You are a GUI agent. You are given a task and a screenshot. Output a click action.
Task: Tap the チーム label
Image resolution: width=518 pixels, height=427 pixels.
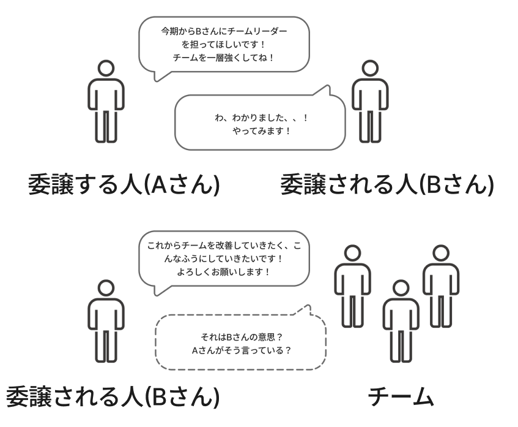click(x=401, y=398)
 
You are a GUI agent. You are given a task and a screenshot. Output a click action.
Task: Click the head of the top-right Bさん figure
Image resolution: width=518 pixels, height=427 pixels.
click(x=369, y=67)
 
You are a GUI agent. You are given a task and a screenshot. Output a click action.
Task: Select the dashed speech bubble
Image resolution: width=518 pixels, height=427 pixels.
click(x=240, y=340)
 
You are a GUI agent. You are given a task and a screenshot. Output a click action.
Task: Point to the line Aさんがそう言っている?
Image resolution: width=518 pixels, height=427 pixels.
click(x=240, y=350)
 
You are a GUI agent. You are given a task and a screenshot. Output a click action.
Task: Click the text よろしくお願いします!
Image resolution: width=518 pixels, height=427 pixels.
click(x=224, y=271)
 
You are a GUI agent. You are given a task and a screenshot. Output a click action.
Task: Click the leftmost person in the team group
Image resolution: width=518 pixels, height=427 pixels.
click(x=351, y=285)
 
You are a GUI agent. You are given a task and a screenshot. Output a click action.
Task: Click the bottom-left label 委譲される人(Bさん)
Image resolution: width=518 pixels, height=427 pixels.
click(x=113, y=398)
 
